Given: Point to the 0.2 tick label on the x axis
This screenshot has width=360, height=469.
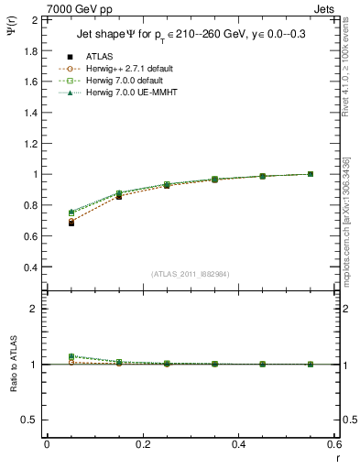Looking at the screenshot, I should [x=143, y=444].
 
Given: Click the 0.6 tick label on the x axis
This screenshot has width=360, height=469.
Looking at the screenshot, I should [x=333, y=444].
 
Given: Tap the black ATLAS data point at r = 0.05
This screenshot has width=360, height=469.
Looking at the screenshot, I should [x=71, y=223].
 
